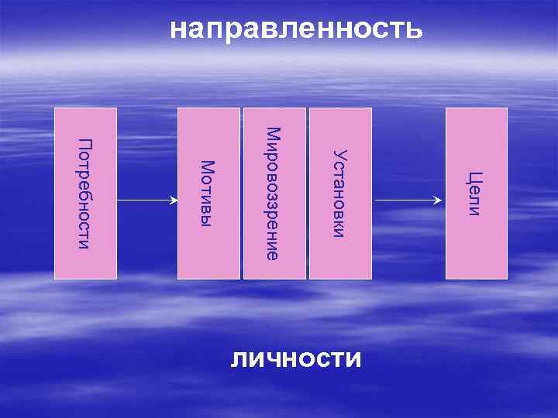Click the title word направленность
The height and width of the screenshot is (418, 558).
tap(296, 29)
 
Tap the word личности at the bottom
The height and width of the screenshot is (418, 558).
tap(296, 359)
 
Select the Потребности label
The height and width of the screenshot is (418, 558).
tap(85, 194)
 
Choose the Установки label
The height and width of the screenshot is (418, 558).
tap(339, 194)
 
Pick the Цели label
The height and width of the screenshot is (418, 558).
tap(475, 194)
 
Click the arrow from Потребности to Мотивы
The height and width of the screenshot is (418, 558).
tap(147, 200)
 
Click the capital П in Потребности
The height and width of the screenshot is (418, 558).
tap(85, 144)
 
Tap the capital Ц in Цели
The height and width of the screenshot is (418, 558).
tap(475, 177)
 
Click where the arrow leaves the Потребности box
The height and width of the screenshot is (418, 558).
tap(118, 200)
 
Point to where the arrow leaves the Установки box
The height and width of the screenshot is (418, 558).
tap(373, 200)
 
